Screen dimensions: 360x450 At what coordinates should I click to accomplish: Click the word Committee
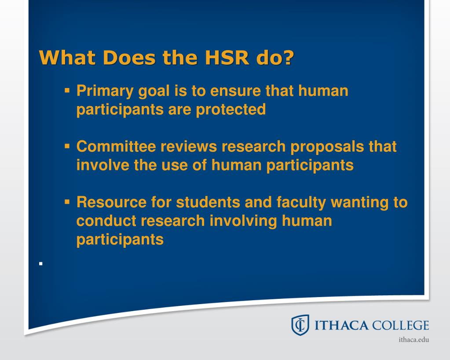(117, 147)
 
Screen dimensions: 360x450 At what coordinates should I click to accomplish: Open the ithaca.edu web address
(413, 340)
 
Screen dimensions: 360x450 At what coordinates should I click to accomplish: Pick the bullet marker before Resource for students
(67, 202)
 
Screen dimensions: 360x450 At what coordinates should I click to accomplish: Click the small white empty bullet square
(40, 264)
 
